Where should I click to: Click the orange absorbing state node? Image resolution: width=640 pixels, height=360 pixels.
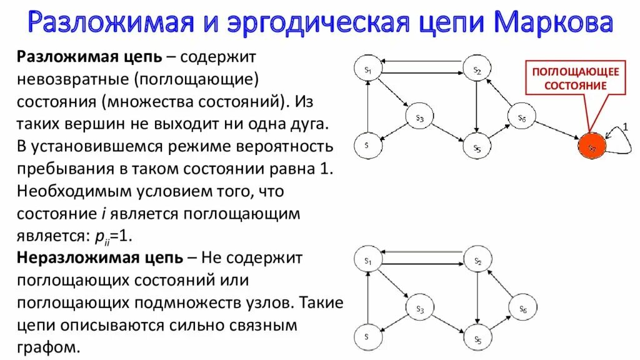point(591,146)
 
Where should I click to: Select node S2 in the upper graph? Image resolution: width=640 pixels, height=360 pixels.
point(476,70)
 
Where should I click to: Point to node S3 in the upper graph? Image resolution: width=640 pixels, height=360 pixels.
point(420,117)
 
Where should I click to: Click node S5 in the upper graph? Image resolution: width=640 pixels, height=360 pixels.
point(476,147)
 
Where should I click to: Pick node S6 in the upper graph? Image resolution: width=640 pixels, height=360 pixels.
point(522,117)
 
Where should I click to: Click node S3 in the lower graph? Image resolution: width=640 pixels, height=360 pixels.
point(420,307)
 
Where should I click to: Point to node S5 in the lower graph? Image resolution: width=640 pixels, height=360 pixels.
point(476,337)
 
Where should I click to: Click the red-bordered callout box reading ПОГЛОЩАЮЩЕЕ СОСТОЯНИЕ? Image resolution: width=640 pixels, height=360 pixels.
point(575,78)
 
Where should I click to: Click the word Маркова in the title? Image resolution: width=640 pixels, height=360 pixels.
point(553,24)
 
